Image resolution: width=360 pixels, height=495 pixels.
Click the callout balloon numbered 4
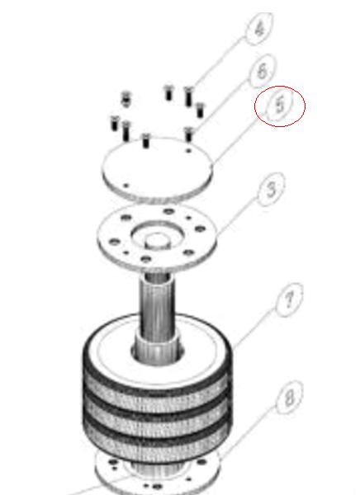259,29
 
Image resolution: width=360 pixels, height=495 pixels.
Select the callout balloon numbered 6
263,71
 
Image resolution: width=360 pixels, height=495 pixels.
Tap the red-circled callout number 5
280,106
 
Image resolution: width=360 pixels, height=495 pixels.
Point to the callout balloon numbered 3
272,190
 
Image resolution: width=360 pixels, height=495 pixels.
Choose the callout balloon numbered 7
289,300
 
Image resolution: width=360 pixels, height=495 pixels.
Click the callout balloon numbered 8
290,398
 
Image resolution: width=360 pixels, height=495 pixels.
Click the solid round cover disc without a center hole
157,169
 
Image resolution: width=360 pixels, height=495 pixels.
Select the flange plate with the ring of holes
158,237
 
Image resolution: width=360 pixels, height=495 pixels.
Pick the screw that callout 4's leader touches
188,96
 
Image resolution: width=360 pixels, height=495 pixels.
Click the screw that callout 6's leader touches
189,134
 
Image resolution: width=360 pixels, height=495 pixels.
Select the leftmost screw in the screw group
115,123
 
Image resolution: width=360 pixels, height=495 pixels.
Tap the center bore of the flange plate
157,241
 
